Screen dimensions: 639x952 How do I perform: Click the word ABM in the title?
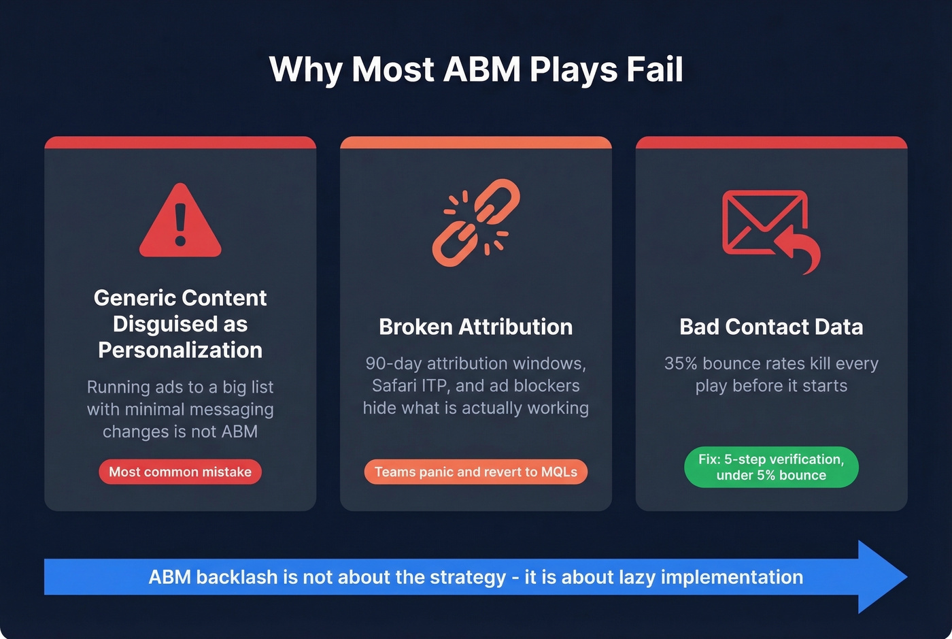point(482,69)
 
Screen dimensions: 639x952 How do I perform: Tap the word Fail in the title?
point(656,69)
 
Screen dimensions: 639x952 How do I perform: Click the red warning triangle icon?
point(180,221)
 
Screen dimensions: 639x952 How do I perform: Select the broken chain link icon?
point(476,223)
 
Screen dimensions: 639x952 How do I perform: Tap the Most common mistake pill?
point(180,472)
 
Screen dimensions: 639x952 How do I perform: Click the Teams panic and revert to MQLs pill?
point(475,472)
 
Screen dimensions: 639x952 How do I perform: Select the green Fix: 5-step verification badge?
point(771,467)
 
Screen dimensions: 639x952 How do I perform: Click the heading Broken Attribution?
point(475,327)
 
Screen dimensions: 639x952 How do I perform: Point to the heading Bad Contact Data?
point(771,327)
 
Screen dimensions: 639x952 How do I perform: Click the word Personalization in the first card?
point(180,350)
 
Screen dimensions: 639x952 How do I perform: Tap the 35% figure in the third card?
point(681,363)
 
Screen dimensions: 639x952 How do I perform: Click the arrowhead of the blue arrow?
point(881,576)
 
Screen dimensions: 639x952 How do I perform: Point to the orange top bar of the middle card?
point(475,142)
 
